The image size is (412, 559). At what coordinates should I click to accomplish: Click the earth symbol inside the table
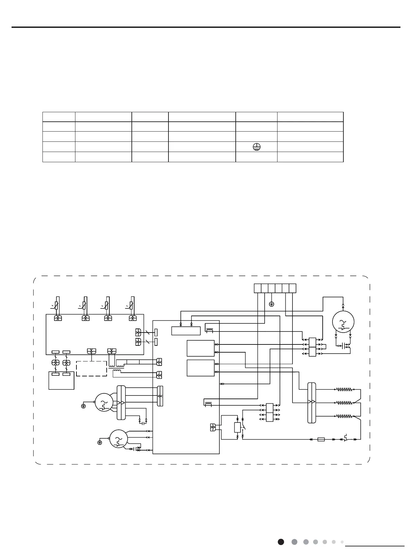pyautogui.click(x=256, y=147)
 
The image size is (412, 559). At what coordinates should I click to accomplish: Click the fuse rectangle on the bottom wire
pyautogui.click(x=321, y=439)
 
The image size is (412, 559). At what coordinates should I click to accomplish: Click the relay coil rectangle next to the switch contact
pyautogui.click(x=237, y=427)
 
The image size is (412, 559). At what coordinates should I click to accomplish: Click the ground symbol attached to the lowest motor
pyautogui.click(x=100, y=442)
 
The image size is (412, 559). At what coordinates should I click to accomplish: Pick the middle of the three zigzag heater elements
pyautogui.click(x=345, y=403)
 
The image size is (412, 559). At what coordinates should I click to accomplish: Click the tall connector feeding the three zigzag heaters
pyautogui.click(x=312, y=403)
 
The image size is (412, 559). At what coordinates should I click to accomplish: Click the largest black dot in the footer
pyautogui.click(x=281, y=542)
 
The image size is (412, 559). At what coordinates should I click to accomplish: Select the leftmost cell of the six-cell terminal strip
pyautogui.click(x=257, y=288)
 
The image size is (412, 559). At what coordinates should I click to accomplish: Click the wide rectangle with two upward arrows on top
pyautogui.click(x=186, y=331)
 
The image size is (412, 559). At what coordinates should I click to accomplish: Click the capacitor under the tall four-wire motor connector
pyautogui.click(x=143, y=423)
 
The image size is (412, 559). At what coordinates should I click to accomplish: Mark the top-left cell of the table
pyautogui.click(x=59, y=117)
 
